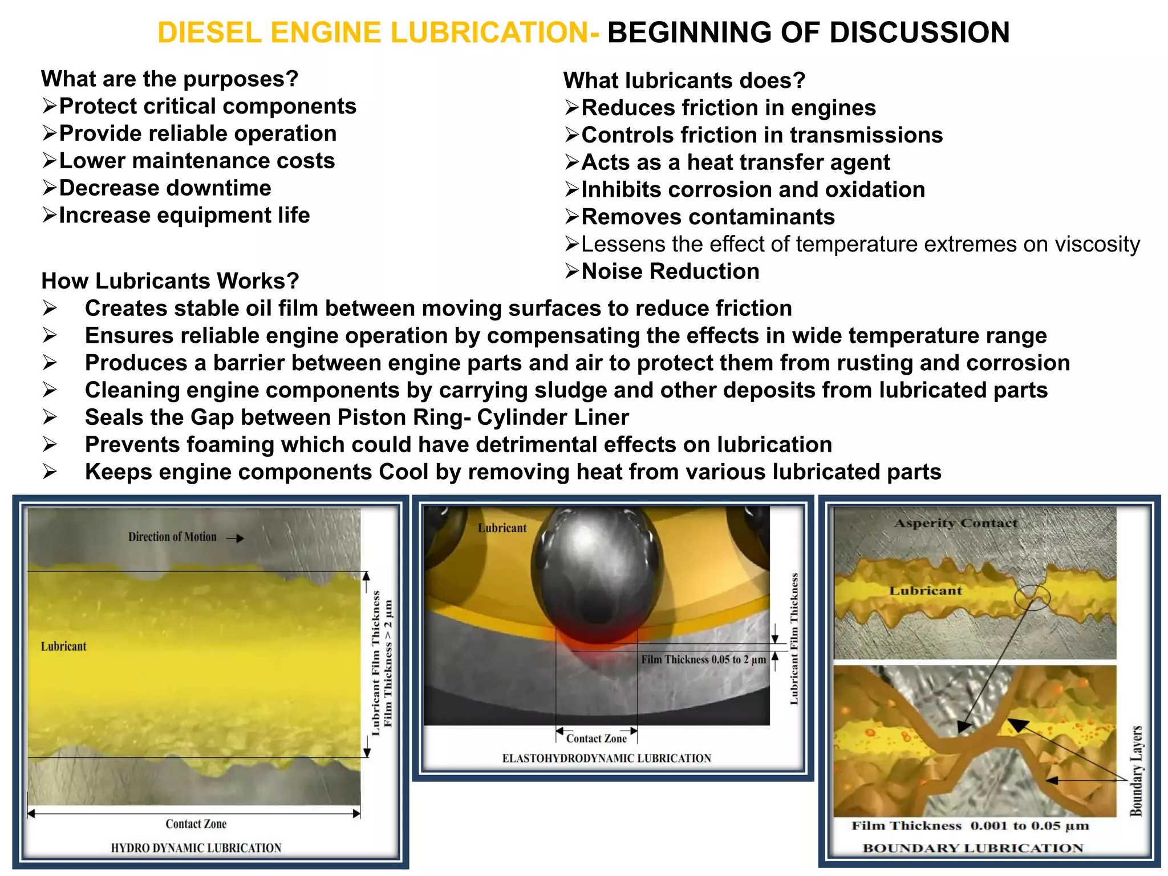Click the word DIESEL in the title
click(x=209, y=33)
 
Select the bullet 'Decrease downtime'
click(x=165, y=188)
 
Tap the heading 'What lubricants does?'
click(x=684, y=80)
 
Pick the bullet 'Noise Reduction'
click(x=670, y=271)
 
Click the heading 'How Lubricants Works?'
click(x=170, y=281)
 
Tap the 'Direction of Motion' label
click(x=172, y=537)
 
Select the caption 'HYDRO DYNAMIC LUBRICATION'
click(x=196, y=848)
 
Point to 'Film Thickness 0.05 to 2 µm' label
click(x=703, y=660)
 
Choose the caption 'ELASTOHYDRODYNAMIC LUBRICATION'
click(x=606, y=759)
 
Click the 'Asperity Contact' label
click(x=955, y=523)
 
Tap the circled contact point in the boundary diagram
click(x=1032, y=598)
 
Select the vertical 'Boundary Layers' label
click(x=1136, y=770)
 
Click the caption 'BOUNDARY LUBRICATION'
click(x=972, y=848)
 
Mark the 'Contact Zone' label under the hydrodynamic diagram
click(x=196, y=824)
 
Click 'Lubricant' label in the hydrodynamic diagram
click(x=63, y=646)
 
